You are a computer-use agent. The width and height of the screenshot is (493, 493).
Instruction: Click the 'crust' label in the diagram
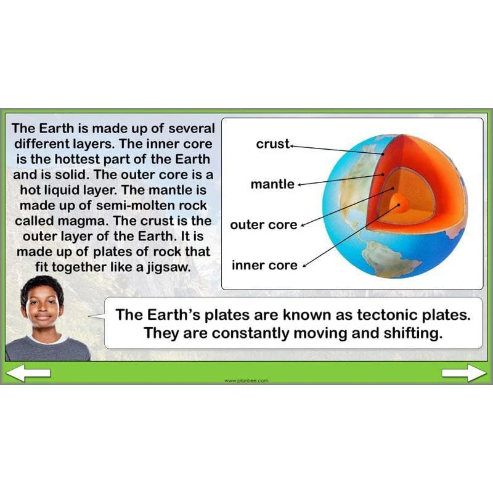pos(272,144)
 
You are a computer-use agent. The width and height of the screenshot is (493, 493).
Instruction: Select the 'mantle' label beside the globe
pos(272,184)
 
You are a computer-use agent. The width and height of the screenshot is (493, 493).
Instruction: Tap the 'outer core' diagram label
pos(264,225)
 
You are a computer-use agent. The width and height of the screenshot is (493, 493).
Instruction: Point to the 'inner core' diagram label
pos(264,266)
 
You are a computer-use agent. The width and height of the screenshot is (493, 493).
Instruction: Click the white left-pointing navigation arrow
pos(28,373)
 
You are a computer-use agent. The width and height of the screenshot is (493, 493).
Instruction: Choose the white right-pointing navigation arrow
pos(464,373)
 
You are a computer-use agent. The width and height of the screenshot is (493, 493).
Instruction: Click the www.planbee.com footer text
pos(246,381)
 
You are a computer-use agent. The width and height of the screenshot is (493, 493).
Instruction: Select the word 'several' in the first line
pos(192,129)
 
